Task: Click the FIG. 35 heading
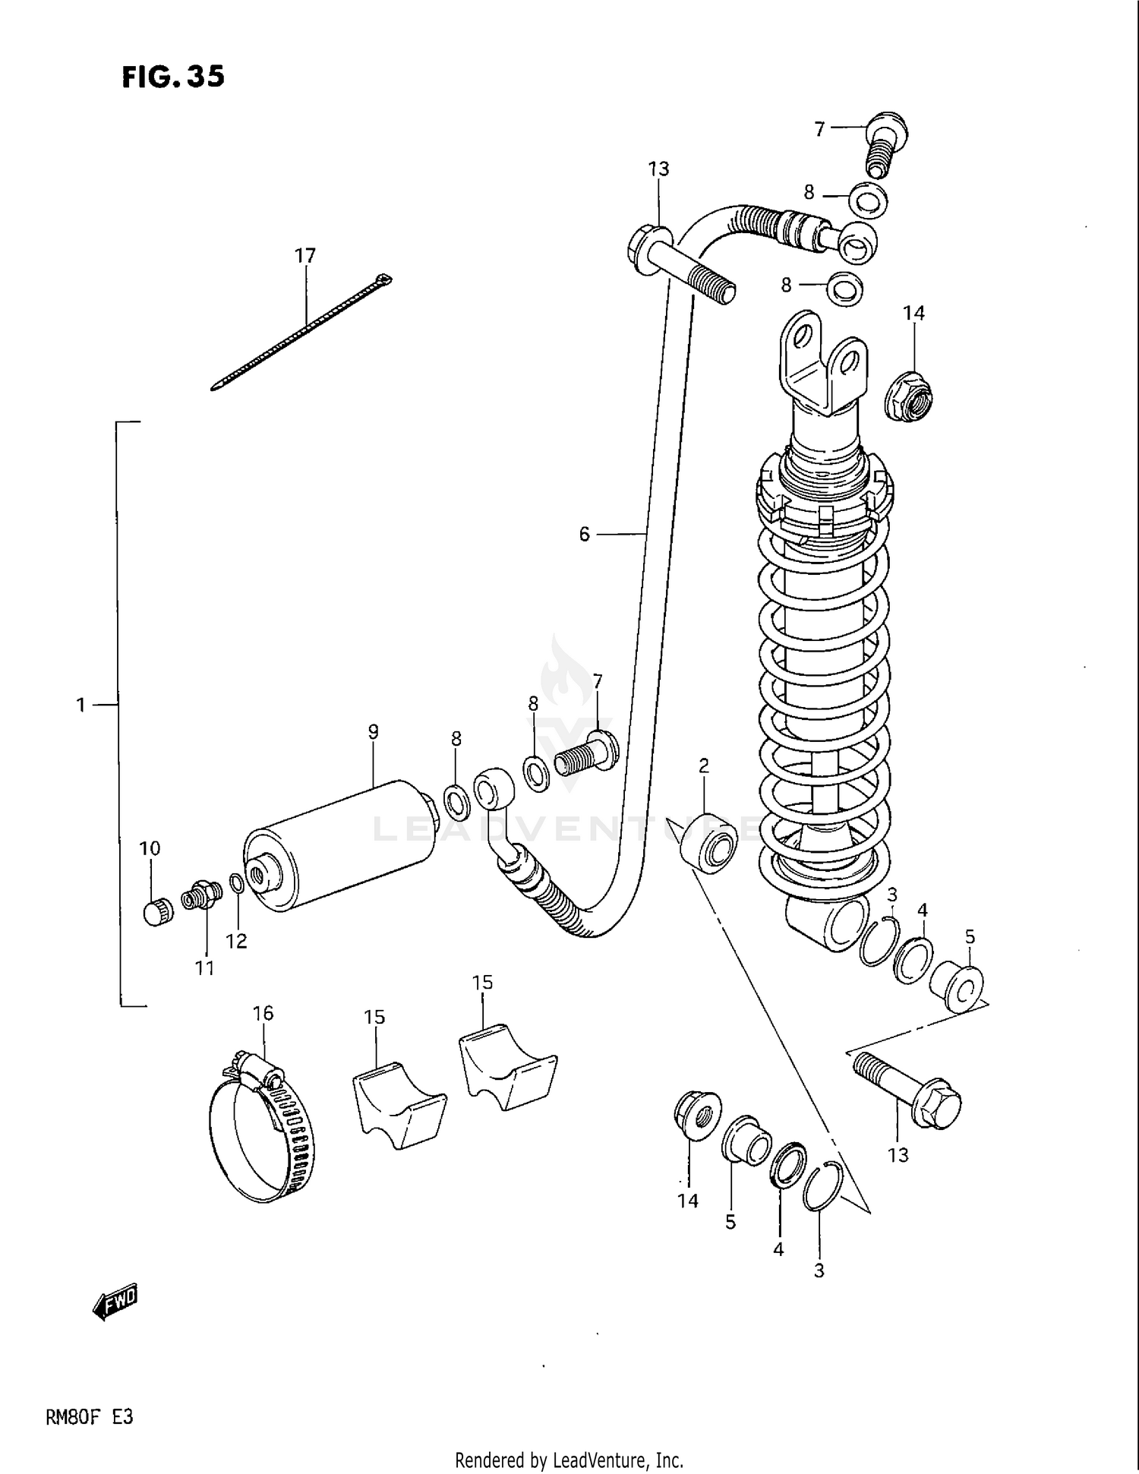173,77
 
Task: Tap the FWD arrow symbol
115,1302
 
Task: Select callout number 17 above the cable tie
305,256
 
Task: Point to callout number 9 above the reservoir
373,732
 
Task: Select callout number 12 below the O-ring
236,942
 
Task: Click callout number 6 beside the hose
584,535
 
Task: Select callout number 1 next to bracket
80,705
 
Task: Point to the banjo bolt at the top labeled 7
885,144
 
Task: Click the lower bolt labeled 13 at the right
907,1088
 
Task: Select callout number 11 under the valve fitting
204,968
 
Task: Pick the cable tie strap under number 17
304,333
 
